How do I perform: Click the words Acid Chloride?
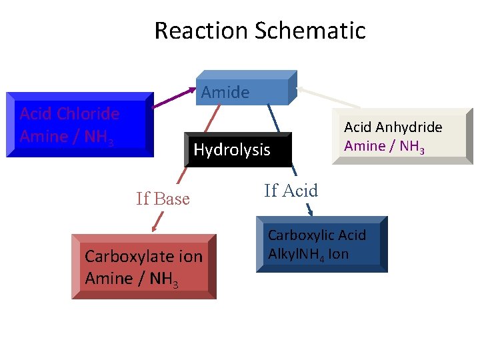pyautogui.click(x=69, y=113)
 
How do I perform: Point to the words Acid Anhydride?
pyautogui.click(x=393, y=127)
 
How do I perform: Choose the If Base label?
pyautogui.click(x=163, y=199)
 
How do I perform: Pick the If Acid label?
pyautogui.click(x=291, y=191)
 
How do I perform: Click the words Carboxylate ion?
pyautogui.click(x=143, y=257)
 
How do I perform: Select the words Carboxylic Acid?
pyautogui.click(x=317, y=235)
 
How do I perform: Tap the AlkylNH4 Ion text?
pyautogui.click(x=308, y=254)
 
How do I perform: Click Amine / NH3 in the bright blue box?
pyautogui.click(x=67, y=137)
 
